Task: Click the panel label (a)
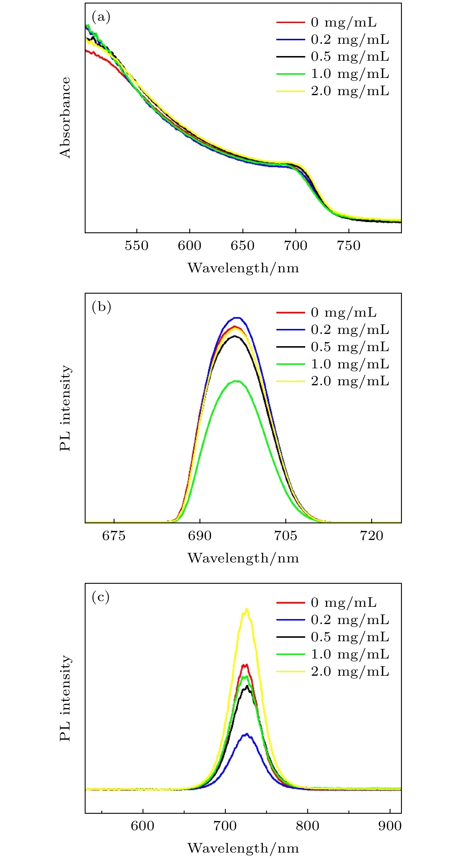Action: (x=101, y=17)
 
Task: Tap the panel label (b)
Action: (x=101, y=307)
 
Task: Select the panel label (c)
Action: (x=100, y=597)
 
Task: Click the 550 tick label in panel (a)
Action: (x=136, y=246)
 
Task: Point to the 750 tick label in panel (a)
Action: (x=349, y=246)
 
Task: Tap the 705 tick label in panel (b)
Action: (x=286, y=536)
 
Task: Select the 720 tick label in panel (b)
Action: (x=371, y=536)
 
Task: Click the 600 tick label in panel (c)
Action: (x=143, y=826)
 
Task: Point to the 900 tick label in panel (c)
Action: (x=390, y=826)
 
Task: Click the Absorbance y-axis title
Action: (x=65, y=117)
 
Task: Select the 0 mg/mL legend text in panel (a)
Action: (x=343, y=22)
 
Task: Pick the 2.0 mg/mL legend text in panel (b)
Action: (x=350, y=381)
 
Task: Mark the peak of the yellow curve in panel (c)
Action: (x=247, y=609)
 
